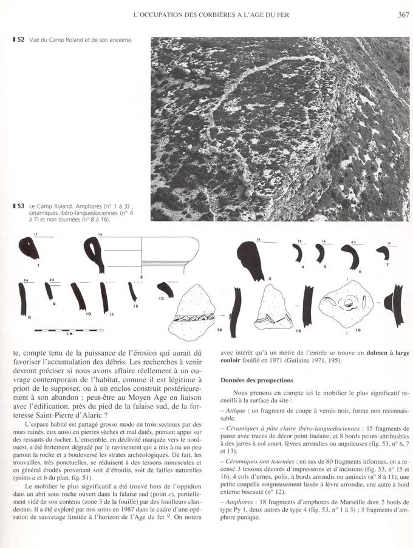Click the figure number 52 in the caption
[20, 40]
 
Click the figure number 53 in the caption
[20, 206]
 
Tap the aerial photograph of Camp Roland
[271, 129]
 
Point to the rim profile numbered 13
[164, 290]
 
